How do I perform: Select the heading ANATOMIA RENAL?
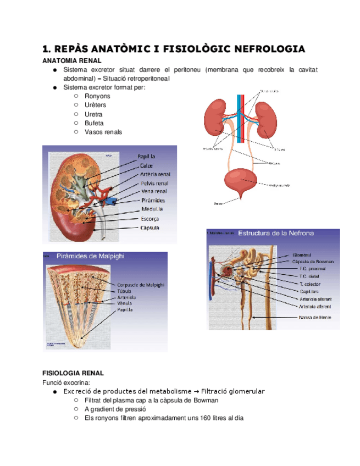72,60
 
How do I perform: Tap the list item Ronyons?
97,96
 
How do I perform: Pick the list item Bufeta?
94,123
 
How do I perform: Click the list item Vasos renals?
103,132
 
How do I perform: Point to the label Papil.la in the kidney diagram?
147,157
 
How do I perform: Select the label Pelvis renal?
154,183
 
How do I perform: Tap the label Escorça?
150,218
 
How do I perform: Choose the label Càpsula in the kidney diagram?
150,227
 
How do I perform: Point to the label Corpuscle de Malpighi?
141,285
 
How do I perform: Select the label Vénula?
124,303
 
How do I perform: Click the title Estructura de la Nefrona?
275,234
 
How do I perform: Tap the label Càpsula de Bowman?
313,262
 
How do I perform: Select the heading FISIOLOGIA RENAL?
73,373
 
